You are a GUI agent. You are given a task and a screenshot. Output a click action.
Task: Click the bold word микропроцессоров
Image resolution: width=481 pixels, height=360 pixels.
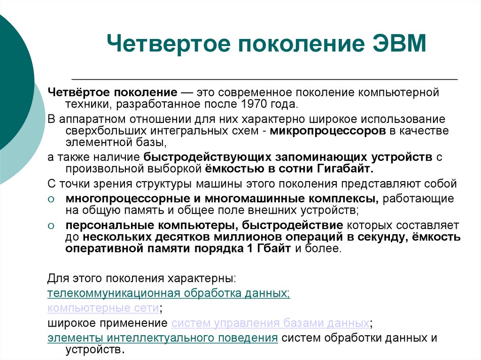(x=328, y=131)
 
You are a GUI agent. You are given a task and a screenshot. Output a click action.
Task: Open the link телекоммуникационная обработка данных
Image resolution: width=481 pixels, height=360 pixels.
(x=169, y=294)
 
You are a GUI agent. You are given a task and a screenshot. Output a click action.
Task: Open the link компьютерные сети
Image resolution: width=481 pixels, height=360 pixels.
(x=103, y=308)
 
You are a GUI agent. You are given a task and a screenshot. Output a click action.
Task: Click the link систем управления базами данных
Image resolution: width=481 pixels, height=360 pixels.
(x=270, y=323)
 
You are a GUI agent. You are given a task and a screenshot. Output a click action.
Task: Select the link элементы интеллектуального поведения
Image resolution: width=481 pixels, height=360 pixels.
(x=163, y=338)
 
